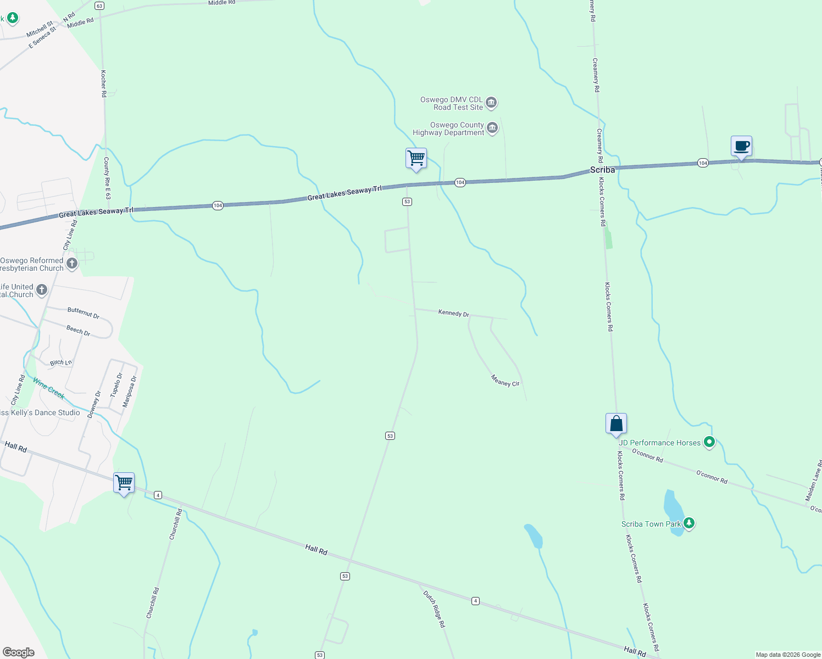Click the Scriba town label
[x=602, y=170]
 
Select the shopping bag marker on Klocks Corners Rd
[x=616, y=425]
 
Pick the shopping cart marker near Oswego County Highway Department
[x=416, y=159]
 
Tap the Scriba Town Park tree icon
[x=689, y=523]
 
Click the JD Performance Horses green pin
[x=709, y=442]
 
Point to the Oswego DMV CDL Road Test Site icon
[x=492, y=103]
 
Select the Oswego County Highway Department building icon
[x=492, y=129]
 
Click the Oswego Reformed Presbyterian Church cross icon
[x=72, y=264]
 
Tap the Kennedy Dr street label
[x=453, y=313]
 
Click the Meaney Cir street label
[x=505, y=381]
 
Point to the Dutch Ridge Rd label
[x=434, y=609]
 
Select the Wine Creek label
[x=48, y=388]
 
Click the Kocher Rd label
[x=103, y=83]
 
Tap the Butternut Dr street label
[x=83, y=313]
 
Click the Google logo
[x=19, y=652]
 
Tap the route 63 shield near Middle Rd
[x=99, y=5]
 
